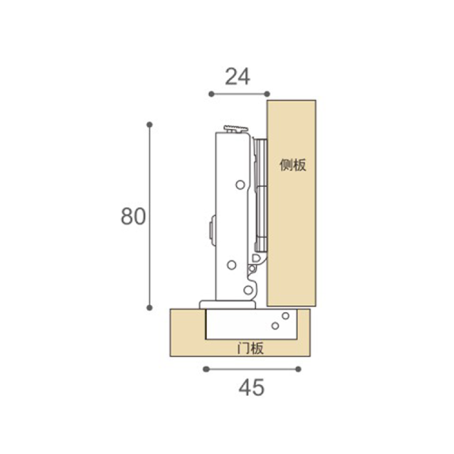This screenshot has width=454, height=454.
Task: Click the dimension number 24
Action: pos(238,76)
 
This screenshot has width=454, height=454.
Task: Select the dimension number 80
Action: pos(133,216)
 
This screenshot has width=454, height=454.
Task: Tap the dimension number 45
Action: pos(252,388)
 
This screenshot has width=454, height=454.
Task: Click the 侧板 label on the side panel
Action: pos(292,165)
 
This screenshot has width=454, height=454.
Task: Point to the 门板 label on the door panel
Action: pos(251,348)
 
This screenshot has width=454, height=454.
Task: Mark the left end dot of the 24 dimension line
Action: pos(212,94)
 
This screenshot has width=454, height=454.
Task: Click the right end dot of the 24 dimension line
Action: pos(267,94)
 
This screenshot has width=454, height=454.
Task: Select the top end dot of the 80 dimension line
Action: pos(149,124)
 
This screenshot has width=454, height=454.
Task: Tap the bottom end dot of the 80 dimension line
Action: pos(149,308)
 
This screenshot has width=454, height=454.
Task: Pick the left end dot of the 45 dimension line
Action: pos(206,369)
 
